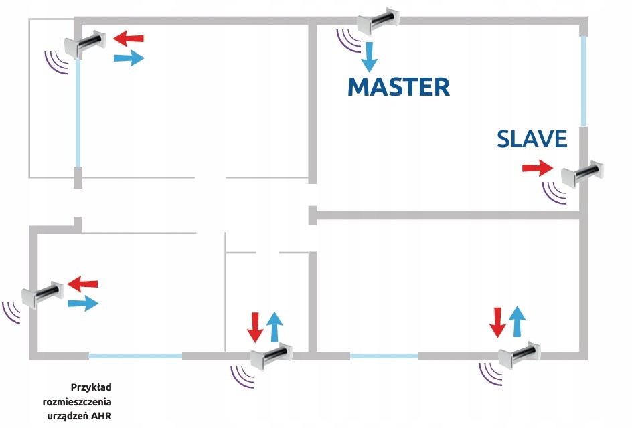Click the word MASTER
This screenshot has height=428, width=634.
pos(398,87)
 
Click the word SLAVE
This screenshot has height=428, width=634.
pos(532,139)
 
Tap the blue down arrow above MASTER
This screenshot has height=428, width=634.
pos(368,57)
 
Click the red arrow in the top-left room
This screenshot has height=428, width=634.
pos(128,37)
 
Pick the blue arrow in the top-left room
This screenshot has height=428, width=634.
pos(129,58)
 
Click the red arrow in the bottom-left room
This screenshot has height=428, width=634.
pos(83,284)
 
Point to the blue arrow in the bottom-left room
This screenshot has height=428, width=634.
pos(83,304)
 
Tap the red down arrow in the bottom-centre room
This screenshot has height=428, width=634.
pos(255,326)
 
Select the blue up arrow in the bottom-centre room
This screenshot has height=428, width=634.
pos(274,326)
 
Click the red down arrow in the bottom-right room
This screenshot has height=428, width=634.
pos(497,322)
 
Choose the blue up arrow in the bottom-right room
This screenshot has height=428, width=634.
pos(516,320)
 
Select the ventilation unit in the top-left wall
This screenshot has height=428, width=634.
pos(84,44)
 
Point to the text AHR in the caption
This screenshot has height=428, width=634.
pos(112,416)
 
